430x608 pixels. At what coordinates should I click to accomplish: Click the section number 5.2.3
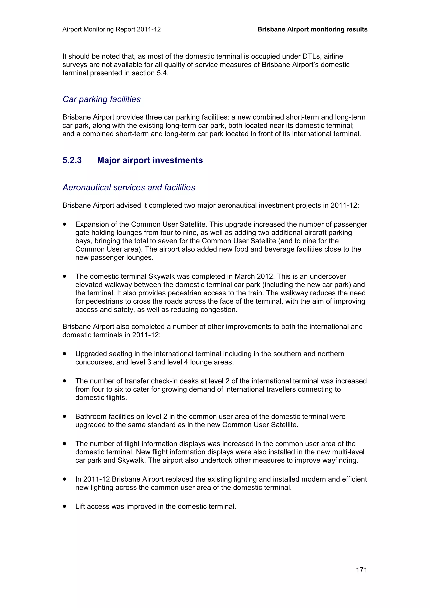(72, 160)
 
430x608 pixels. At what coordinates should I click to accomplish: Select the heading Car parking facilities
(101, 99)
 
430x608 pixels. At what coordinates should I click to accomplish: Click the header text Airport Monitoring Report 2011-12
(111, 29)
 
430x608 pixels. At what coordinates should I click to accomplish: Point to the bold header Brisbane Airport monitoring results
(312, 29)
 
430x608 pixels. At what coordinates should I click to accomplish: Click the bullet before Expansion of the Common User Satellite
(64, 224)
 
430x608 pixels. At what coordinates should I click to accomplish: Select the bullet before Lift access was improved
(64, 506)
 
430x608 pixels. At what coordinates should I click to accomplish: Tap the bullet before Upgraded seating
(64, 354)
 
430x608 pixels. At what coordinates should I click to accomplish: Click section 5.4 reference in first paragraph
(162, 73)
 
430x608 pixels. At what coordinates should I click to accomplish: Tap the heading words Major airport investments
(150, 160)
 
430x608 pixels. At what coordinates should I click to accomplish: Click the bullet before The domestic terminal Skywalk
(64, 276)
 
